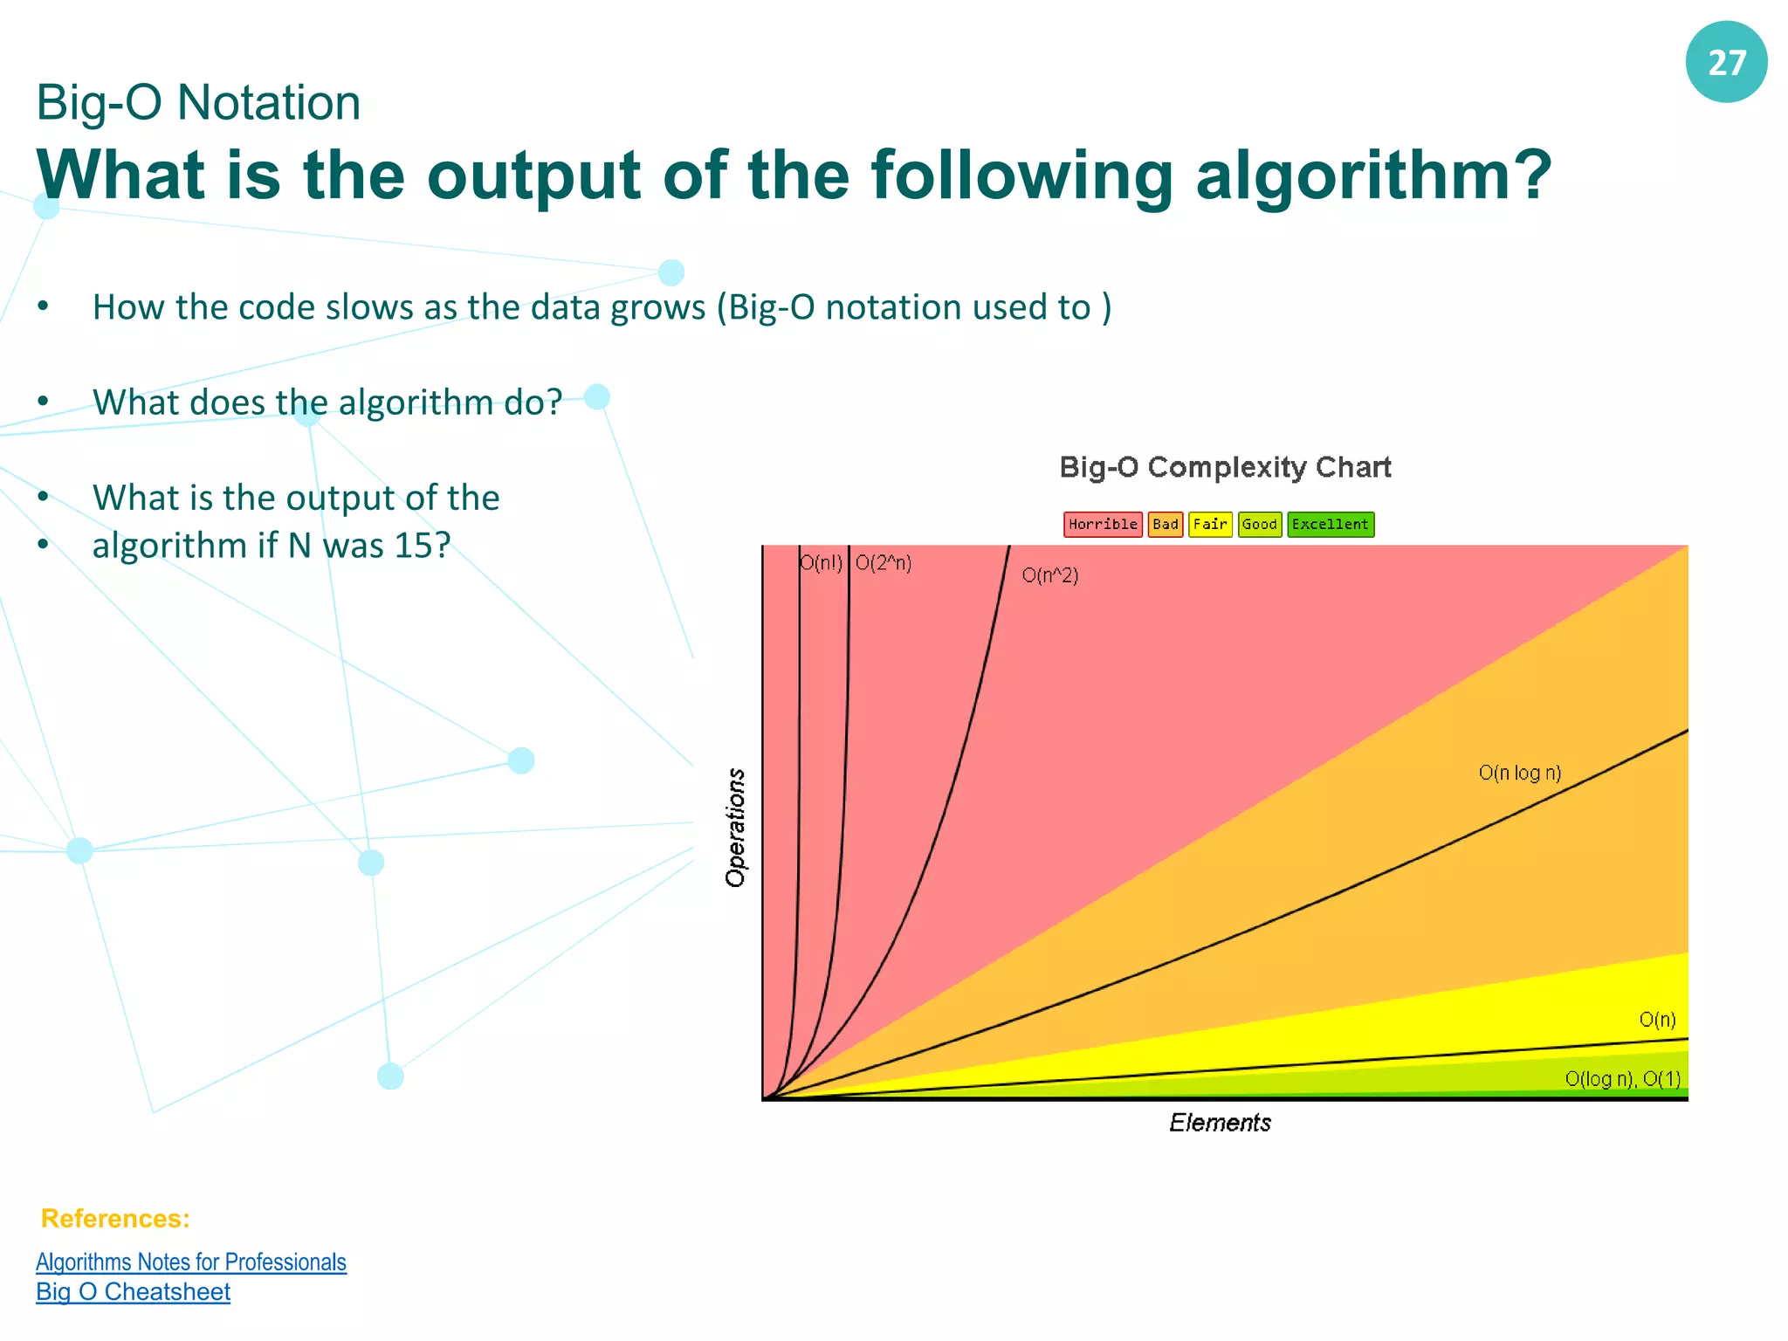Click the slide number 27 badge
click(x=1726, y=63)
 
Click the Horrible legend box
click(x=1103, y=524)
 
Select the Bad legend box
click(x=1165, y=524)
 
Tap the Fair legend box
click(x=1210, y=524)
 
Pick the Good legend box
click(x=1259, y=524)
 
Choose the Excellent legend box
click(x=1330, y=524)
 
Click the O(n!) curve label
click(x=822, y=563)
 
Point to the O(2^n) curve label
click(x=884, y=563)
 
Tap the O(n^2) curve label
click(x=1050, y=575)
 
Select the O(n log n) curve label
click(x=1519, y=773)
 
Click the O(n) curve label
click(x=1657, y=1020)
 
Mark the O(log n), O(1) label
click(x=1622, y=1079)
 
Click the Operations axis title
click(x=736, y=828)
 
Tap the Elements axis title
click(x=1220, y=1123)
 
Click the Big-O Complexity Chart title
click(x=1225, y=467)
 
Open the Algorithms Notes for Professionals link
click(x=190, y=1262)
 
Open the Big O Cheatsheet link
click(x=133, y=1292)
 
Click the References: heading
click(x=115, y=1219)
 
